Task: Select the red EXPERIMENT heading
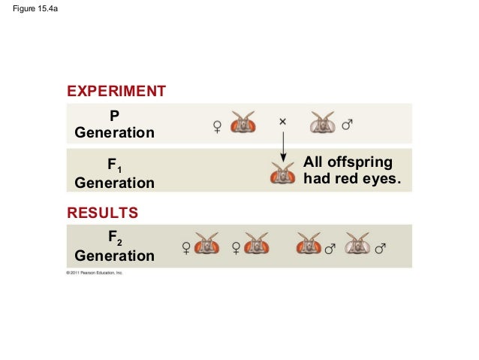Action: [116, 92]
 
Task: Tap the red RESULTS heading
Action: [103, 213]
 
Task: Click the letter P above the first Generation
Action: [114, 116]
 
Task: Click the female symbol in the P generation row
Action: [217, 125]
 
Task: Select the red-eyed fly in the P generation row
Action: [244, 123]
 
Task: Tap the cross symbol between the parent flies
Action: [283, 121]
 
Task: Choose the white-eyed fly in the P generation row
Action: [324, 123]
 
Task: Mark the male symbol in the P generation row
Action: [348, 124]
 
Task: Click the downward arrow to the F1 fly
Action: [283, 147]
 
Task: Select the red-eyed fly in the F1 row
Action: [283, 174]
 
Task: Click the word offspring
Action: [360, 164]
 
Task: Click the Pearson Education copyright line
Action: [84, 273]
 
